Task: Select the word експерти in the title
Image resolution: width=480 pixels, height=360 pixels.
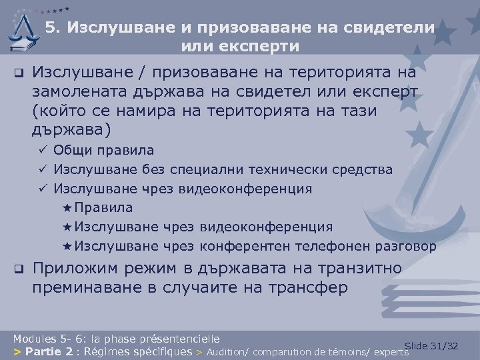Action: pyautogui.click(x=265, y=46)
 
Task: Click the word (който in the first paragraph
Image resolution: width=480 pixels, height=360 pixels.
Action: pyautogui.click(x=56, y=109)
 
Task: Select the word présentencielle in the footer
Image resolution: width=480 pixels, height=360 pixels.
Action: pyautogui.click(x=179, y=338)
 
